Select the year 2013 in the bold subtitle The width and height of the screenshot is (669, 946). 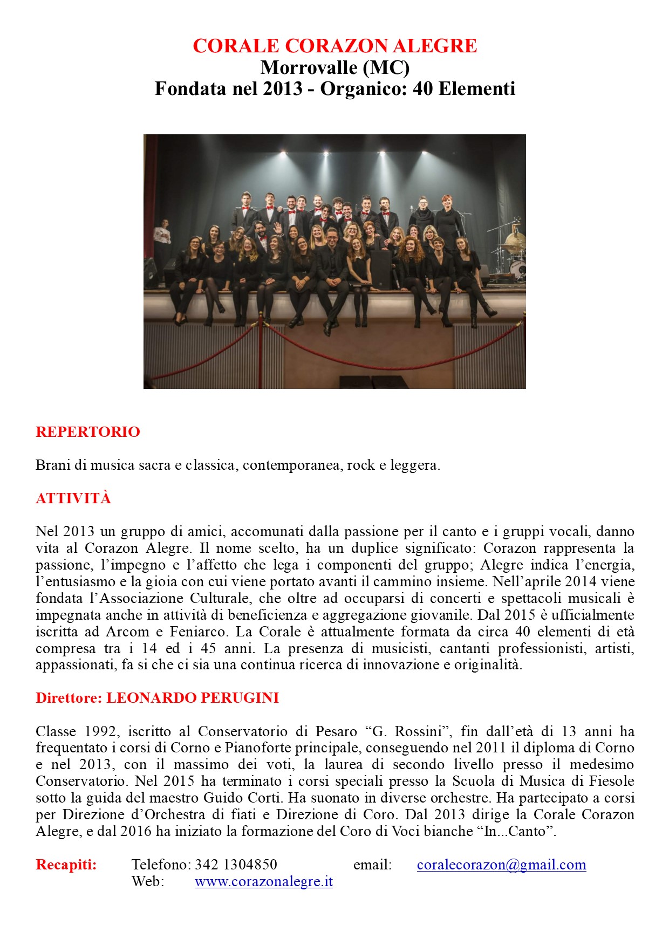point(283,88)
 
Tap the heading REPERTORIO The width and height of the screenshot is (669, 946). point(88,432)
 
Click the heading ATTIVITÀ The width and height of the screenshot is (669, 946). point(73,498)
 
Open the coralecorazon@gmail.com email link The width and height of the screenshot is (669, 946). point(501,865)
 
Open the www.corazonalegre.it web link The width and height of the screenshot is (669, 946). point(263,882)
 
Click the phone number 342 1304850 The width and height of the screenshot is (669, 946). point(236,865)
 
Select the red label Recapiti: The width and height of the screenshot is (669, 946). point(66,865)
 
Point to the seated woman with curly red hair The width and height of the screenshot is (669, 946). point(411,259)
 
